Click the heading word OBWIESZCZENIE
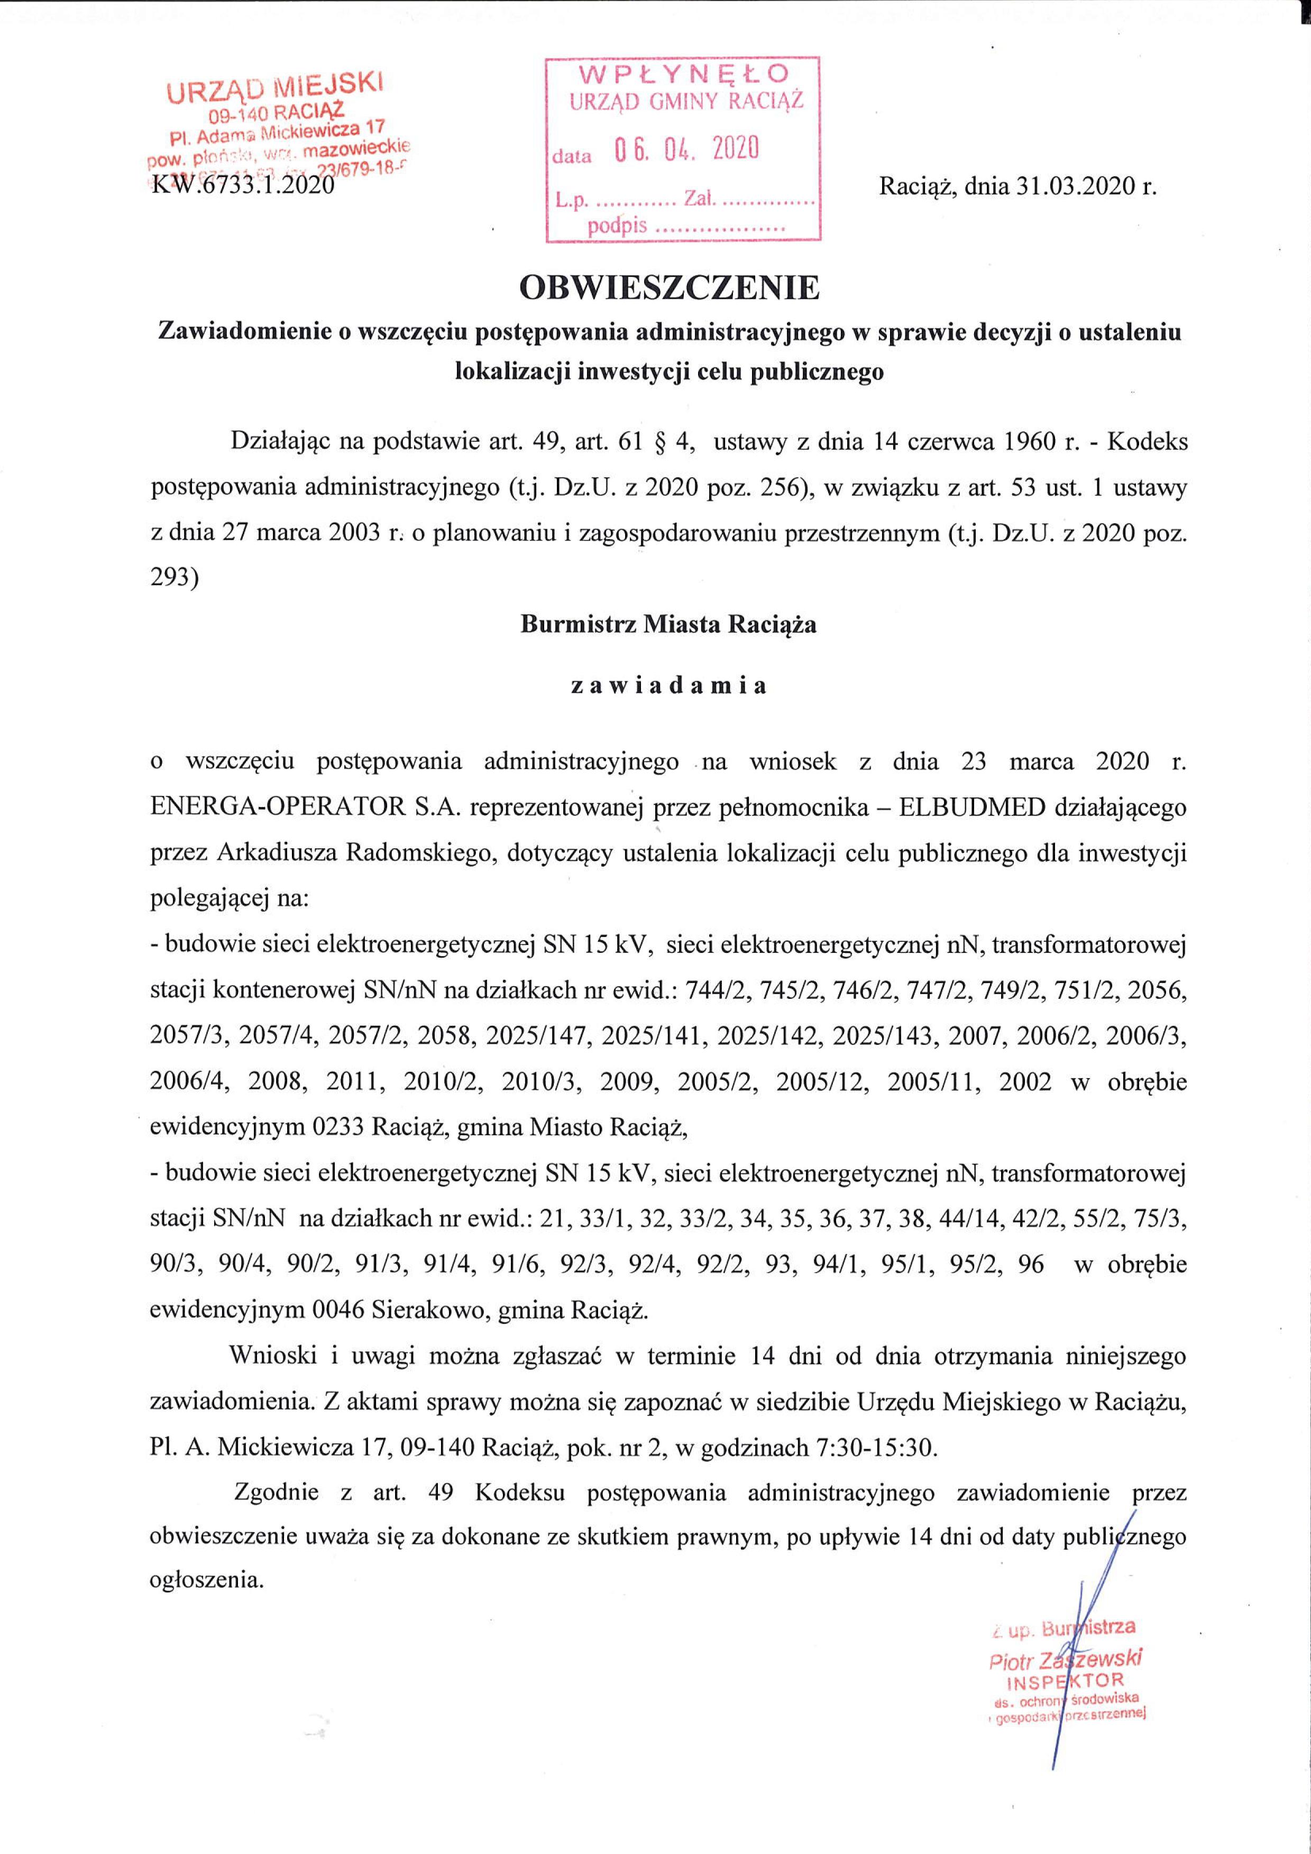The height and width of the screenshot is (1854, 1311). [x=669, y=288]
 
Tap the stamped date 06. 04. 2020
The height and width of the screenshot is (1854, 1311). [x=686, y=150]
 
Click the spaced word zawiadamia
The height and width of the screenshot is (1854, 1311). [x=669, y=685]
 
